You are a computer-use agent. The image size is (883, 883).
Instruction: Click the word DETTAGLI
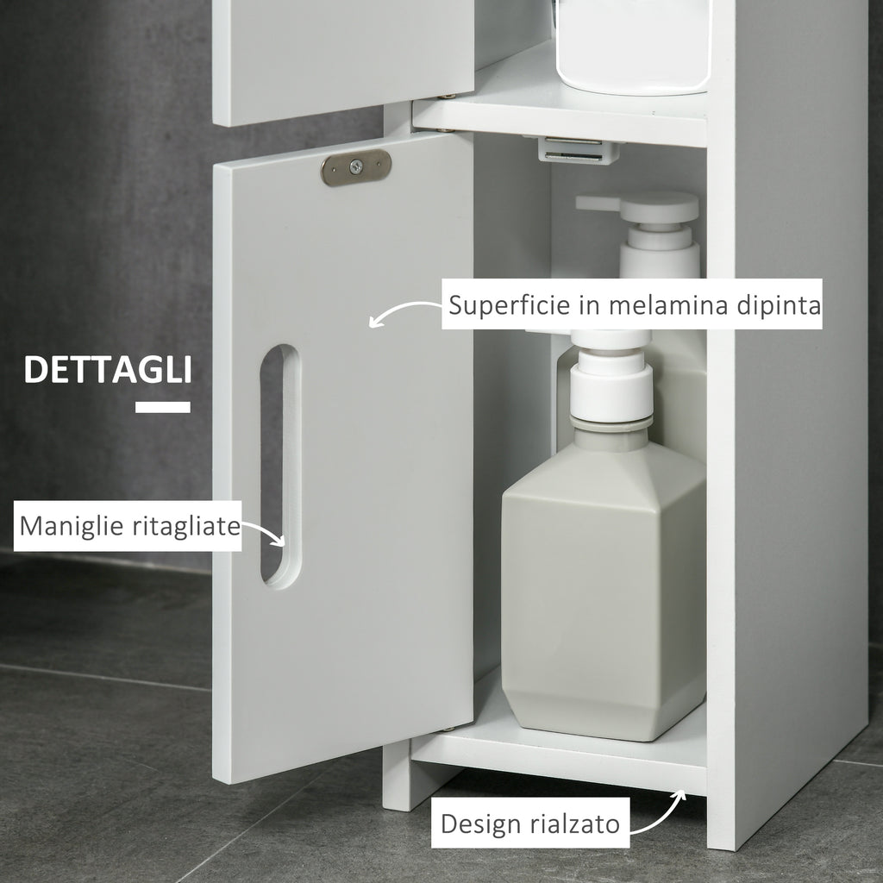point(107,369)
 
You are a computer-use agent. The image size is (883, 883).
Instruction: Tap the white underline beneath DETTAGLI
point(163,407)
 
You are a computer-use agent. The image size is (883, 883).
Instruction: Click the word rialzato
point(578,824)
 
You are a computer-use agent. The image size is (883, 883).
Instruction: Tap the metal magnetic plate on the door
point(355,167)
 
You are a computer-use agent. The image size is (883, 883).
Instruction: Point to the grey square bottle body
point(604,586)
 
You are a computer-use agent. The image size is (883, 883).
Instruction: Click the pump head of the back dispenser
point(638,212)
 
